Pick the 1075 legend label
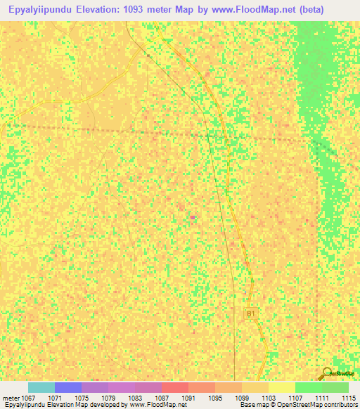82,398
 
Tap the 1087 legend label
162,398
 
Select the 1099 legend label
242,398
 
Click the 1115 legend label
348,398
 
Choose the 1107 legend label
295,398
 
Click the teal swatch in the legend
41,387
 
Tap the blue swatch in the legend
68,387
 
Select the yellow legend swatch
282,387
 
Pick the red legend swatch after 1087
175,387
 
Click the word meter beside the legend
11,398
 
